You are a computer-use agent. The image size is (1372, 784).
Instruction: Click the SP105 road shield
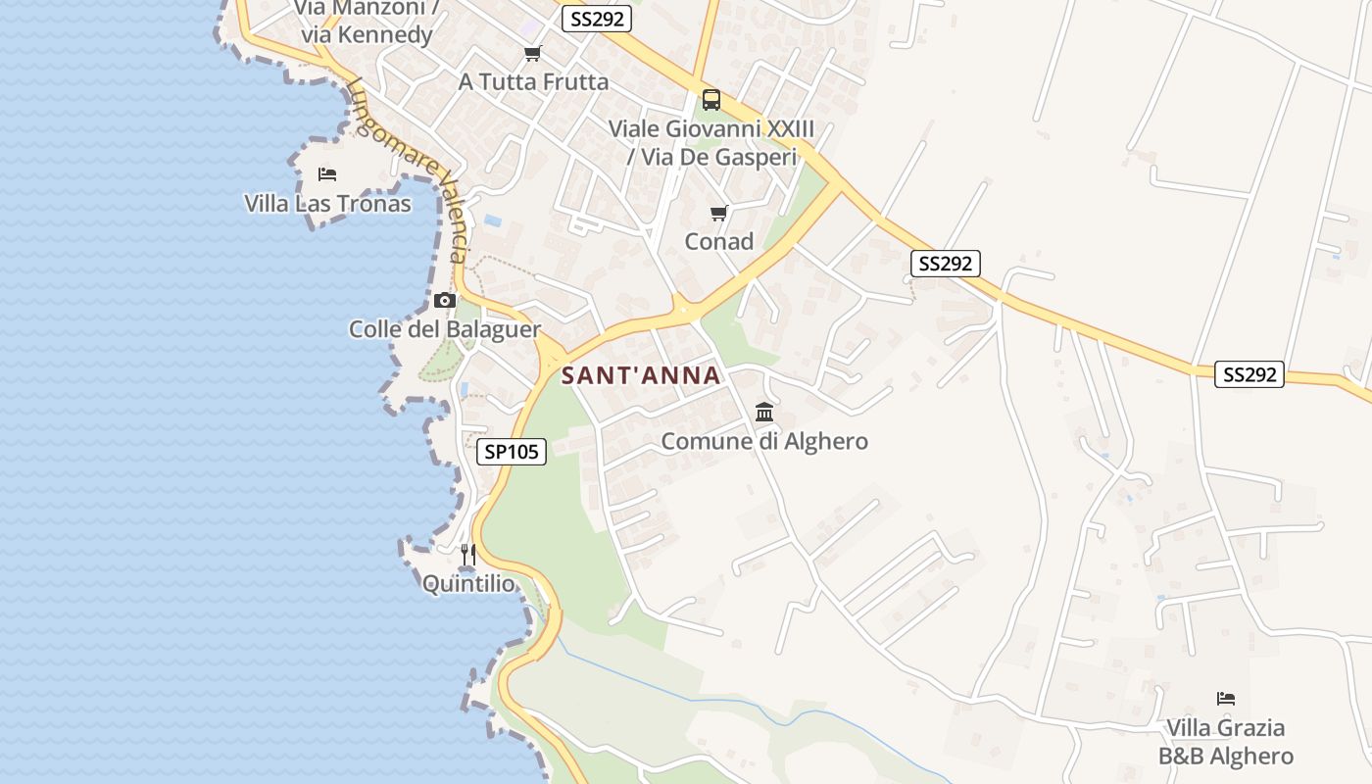pyautogui.click(x=512, y=452)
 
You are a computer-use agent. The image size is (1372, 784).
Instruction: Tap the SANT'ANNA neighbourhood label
pyautogui.click(x=641, y=375)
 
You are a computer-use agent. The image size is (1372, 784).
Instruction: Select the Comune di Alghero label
pyautogui.click(x=764, y=441)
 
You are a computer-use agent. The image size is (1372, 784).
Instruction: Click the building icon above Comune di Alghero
pyautogui.click(x=764, y=413)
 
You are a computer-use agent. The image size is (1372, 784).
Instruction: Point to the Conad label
pyautogui.click(x=719, y=241)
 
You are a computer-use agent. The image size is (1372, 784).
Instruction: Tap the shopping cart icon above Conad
pyautogui.click(x=719, y=213)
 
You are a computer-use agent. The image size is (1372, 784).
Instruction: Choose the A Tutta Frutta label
pyautogui.click(x=533, y=81)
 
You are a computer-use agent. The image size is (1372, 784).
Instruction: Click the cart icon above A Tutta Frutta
pyautogui.click(x=532, y=54)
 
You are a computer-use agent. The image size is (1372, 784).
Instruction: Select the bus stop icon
pyautogui.click(x=711, y=100)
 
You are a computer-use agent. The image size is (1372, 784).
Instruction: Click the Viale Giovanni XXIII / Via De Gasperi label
pyautogui.click(x=711, y=142)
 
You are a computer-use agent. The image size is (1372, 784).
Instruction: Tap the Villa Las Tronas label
pyautogui.click(x=327, y=204)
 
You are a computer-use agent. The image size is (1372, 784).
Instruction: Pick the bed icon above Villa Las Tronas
pyautogui.click(x=327, y=174)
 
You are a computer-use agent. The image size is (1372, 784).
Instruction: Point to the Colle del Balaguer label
pyautogui.click(x=445, y=329)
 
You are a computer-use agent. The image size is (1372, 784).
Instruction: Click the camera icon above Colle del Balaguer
pyautogui.click(x=445, y=300)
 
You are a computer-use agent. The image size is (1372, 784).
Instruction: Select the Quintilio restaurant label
pyautogui.click(x=467, y=584)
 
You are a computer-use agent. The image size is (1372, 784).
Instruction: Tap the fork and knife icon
pyautogui.click(x=467, y=556)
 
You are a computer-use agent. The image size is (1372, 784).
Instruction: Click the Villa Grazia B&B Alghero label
pyautogui.click(x=1226, y=742)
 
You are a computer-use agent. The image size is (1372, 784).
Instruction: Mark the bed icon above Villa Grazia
pyautogui.click(x=1226, y=699)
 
